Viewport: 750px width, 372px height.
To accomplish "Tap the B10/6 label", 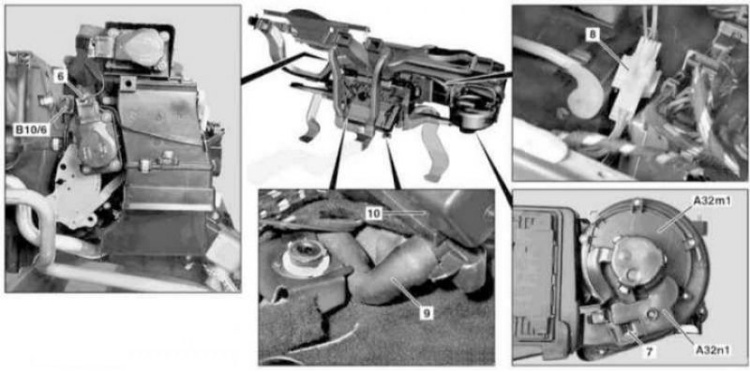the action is tap(31, 129).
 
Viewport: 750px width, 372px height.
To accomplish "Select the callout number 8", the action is tap(592, 35).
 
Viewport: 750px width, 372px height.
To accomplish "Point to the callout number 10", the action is tap(374, 214).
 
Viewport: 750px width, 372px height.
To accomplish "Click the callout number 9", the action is tap(427, 313).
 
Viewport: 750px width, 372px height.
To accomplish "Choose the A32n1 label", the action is tap(713, 350).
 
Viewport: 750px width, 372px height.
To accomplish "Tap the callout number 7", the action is tap(649, 352).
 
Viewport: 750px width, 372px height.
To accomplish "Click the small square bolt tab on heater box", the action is tap(126, 84).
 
